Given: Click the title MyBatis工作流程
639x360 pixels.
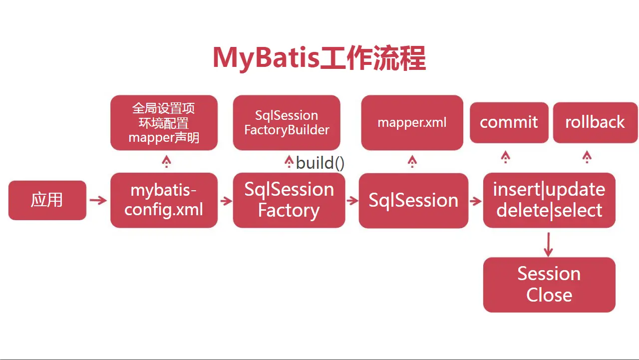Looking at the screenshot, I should tap(319, 58).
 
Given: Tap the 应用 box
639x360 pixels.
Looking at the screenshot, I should tap(47, 200).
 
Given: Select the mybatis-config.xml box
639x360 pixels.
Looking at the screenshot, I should tap(164, 200).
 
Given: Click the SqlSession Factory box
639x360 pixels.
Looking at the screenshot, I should tap(289, 200).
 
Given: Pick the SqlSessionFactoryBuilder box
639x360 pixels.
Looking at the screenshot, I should tap(287, 123).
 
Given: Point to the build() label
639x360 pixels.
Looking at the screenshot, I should tap(320, 163).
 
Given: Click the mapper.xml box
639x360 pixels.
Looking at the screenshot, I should tap(412, 123).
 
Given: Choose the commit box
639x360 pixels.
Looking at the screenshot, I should tap(509, 122).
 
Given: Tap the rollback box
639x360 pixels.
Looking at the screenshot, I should tap(595, 122).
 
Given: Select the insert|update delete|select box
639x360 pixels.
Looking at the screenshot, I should tap(549, 200).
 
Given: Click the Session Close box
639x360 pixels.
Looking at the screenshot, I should tap(549, 285).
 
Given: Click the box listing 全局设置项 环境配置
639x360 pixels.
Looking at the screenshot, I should tap(164, 123).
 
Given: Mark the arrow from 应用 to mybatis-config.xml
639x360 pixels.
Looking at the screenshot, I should tap(98, 201).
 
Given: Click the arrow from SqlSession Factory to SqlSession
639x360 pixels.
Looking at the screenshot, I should tap(352, 201).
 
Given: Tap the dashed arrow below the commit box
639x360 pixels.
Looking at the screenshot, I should tap(506, 158).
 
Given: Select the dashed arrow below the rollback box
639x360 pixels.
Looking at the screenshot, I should tap(587, 158).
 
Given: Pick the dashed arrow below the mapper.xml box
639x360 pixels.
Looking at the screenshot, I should tap(412, 161).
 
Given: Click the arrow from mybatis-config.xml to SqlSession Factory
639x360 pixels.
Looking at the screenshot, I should tap(226, 201).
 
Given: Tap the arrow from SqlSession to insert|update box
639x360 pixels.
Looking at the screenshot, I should tap(475, 201).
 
